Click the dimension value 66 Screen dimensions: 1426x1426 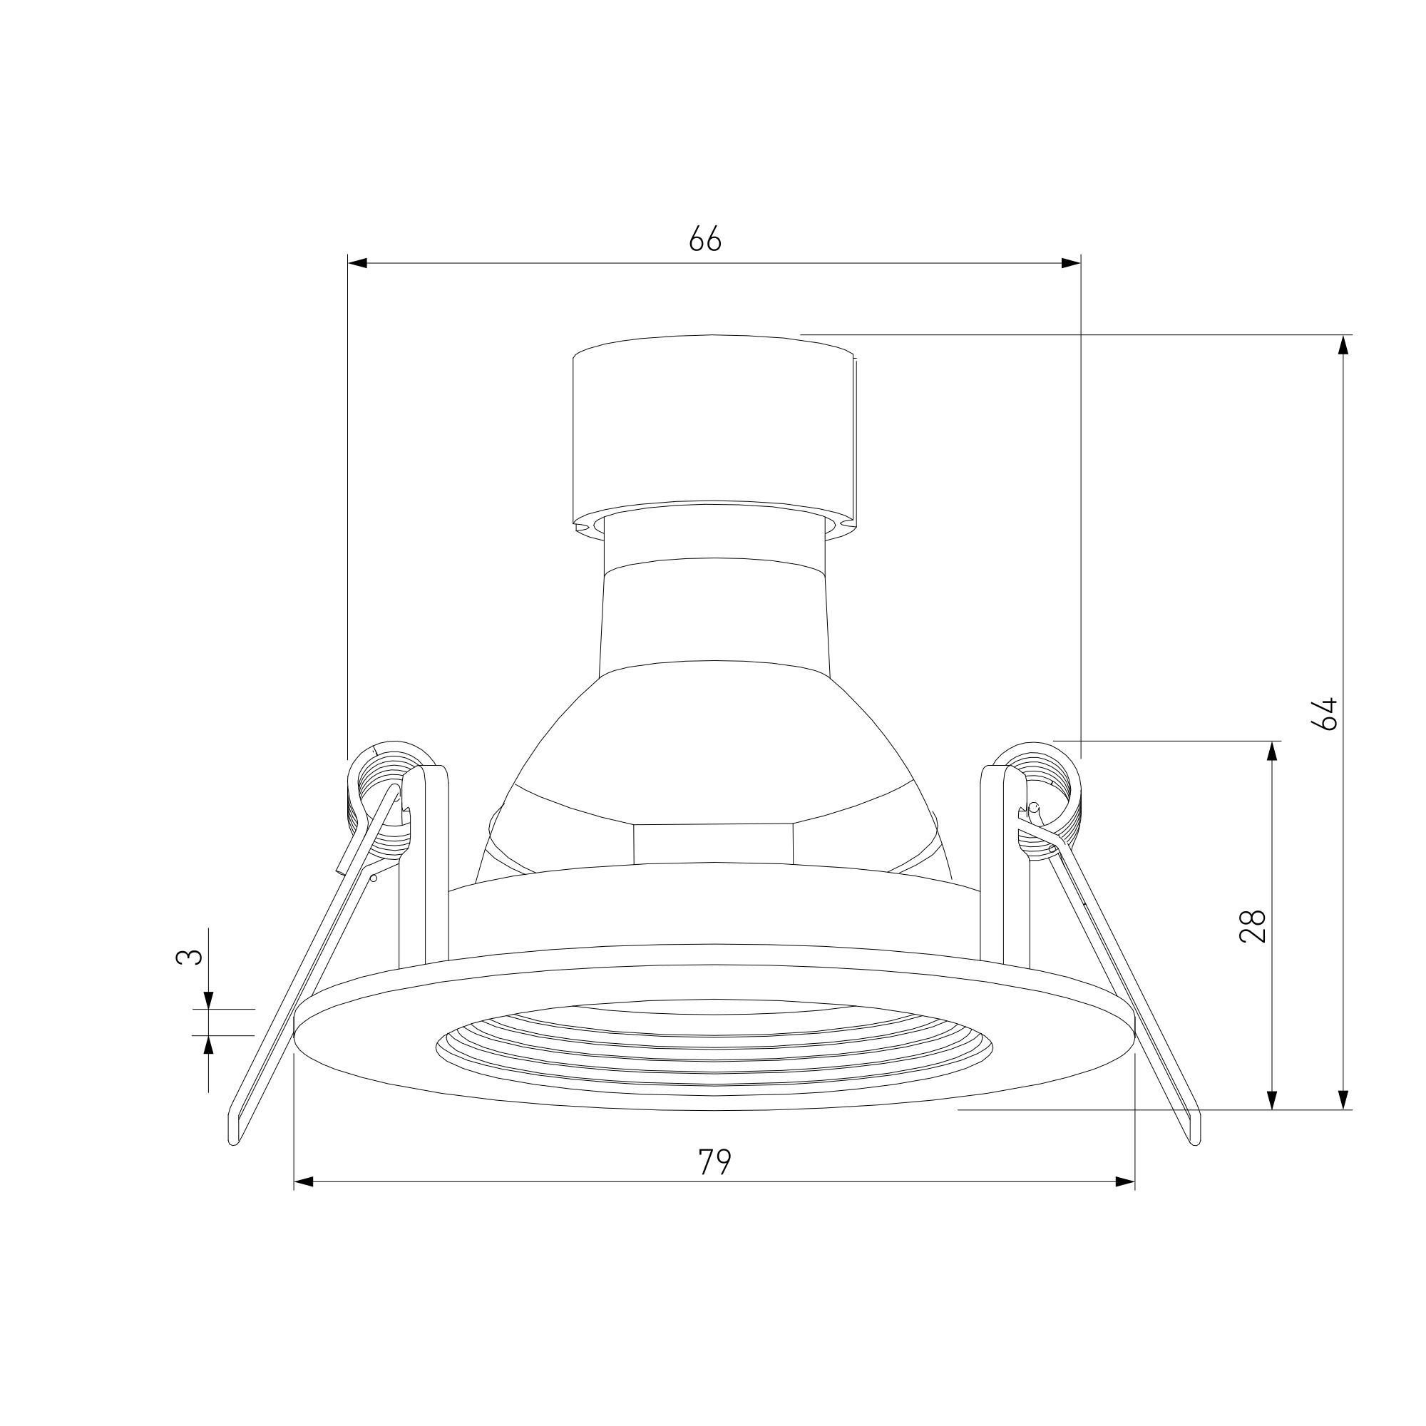coord(705,238)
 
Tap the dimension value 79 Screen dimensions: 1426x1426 coord(714,1161)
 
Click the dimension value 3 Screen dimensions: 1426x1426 coord(189,958)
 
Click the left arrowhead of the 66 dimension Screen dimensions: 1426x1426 coord(358,263)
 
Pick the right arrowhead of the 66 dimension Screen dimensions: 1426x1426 coord(1071,263)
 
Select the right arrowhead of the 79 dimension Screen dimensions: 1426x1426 coord(1125,1181)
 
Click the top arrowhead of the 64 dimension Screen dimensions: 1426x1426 coord(1343,344)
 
